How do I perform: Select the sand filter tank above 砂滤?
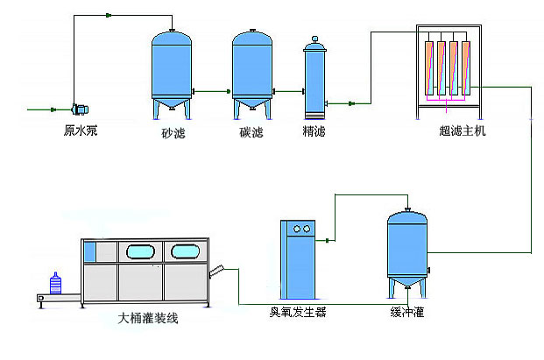(172, 70)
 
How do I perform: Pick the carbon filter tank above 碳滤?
(251, 70)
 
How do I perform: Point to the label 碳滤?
(251, 133)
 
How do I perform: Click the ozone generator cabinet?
(301, 258)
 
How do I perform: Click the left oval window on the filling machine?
(141, 252)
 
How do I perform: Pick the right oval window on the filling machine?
(185, 252)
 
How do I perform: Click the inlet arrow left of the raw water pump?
(44, 109)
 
